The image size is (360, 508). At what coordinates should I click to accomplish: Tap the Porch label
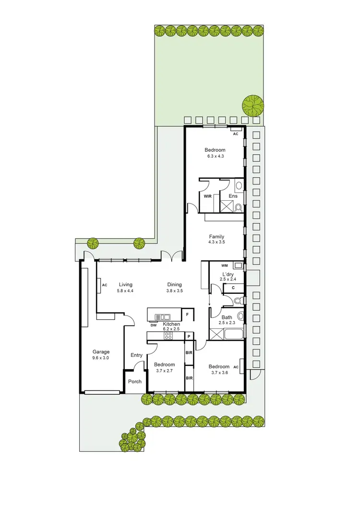click(x=135, y=382)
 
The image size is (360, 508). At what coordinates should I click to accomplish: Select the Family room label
click(x=217, y=236)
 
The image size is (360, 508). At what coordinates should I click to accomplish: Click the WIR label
click(x=208, y=196)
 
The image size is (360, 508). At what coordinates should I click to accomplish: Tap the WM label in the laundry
click(x=224, y=266)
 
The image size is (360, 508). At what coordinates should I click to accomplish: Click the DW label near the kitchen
click(x=154, y=326)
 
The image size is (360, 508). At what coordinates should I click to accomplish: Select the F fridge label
click(x=188, y=314)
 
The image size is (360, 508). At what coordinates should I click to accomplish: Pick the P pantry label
click(x=189, y=336)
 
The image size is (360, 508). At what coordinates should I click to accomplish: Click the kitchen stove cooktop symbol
click(x=168, y=336)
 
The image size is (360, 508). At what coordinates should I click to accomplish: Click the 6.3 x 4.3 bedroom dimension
click(x=214, y=156)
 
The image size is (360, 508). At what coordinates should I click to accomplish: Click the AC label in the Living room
click(x=105, y=285)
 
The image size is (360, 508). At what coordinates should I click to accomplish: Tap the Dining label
click(x=174, y=284)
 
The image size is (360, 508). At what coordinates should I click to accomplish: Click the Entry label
click(x=136, y=355)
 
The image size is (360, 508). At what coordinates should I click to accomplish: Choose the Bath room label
click(x=227, y=317)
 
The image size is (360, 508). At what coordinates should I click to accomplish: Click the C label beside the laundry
click(x=233, y=288)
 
